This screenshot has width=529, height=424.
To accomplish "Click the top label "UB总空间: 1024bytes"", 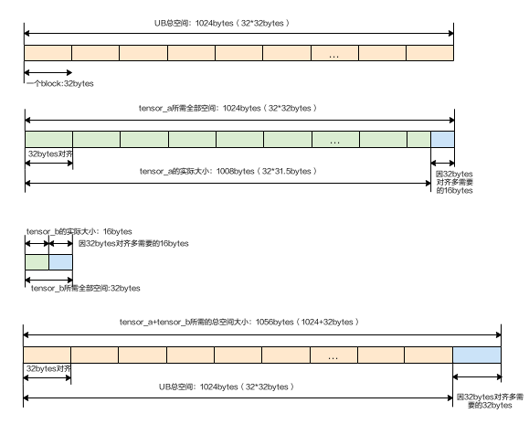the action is tap(222, 23).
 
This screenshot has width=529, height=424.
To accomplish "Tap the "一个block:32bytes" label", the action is tap(60, 84).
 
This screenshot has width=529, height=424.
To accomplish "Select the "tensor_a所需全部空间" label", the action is tap(227, 108).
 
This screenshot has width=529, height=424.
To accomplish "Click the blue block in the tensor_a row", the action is tap(442, 139).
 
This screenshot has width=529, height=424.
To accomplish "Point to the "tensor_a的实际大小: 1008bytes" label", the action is tap(228, 172).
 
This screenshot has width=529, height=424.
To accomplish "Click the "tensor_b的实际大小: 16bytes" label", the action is tap(79, 231).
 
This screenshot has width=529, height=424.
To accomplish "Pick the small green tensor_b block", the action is tap(37, 262).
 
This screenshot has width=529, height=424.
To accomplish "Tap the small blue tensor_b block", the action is tap(60, 262).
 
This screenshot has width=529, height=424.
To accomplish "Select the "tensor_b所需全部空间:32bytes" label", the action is tap(85, 288).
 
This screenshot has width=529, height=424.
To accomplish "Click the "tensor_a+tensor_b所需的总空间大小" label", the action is tap(238, 323).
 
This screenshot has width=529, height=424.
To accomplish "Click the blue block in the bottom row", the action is tap(477, 355).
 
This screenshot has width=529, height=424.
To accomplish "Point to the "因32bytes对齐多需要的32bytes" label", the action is tap(490, 401).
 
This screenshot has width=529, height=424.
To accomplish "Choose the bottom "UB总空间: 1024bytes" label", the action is tap(227, 387).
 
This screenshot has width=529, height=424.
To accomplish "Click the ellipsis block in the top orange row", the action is tap(334, 53).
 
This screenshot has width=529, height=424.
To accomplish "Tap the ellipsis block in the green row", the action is tap(335, 139).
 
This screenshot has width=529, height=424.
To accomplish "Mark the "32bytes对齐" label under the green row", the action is tap(50, 154).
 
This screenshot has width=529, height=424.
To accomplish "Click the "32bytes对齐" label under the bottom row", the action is tap(48, 368).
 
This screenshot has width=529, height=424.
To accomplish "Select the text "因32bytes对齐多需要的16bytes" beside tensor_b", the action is tap(133, 244).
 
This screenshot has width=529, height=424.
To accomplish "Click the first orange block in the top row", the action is tap(48, 53).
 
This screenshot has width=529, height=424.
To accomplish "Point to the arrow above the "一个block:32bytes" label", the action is tap(48, 72).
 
